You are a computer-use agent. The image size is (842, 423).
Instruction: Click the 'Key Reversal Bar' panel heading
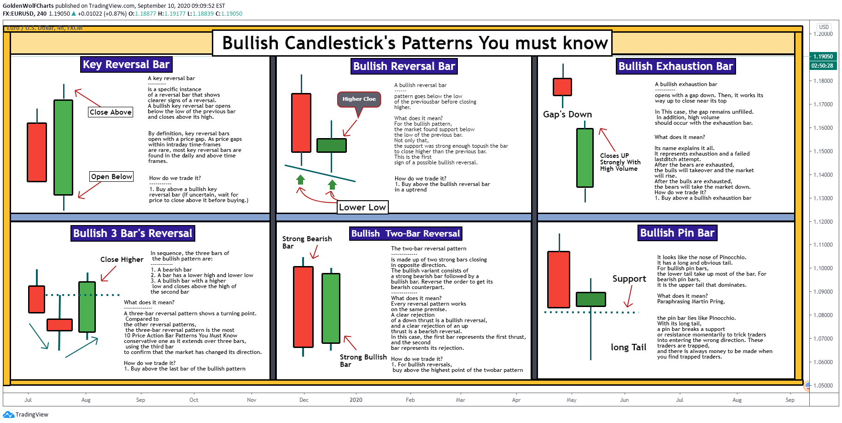click(126, 64)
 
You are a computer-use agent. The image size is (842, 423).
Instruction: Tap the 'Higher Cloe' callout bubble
click(359, 99)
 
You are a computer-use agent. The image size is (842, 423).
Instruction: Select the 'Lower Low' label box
click(363, 207)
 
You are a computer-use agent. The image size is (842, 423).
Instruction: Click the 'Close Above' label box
click(111, 112)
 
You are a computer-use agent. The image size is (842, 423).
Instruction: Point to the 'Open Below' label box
click(111, 177)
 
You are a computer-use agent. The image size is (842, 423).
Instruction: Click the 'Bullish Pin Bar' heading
click(677, 233)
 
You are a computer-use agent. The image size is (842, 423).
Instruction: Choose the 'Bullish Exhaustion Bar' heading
click(675, 66)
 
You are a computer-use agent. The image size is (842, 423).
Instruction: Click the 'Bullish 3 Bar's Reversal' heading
click(133, 233)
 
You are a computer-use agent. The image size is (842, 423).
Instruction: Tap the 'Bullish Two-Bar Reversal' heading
click(405, 233)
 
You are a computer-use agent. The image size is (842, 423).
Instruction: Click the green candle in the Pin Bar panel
click(591, 299)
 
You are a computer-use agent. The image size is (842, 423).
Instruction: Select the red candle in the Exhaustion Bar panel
click(562, 87)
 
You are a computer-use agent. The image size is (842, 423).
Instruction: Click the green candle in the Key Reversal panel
click(64, 147)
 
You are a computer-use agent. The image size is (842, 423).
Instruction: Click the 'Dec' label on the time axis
click(304, 400)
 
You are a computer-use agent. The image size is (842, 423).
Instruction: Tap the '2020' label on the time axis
click(356, 400)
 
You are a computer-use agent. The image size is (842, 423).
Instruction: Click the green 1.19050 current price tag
click(823, 57)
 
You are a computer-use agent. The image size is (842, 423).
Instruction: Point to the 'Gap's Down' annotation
click(567, 115)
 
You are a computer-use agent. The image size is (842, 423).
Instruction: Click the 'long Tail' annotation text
click(628, 348)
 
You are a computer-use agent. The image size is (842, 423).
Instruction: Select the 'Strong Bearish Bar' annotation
click(307, 243)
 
